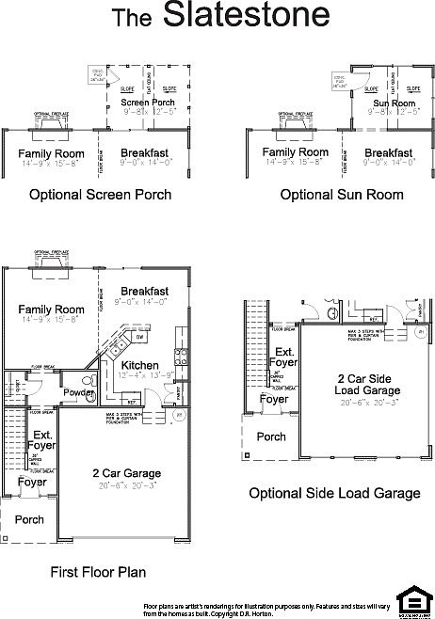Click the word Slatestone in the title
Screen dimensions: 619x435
pos(246,16)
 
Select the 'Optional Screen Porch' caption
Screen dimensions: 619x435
pos(101,195)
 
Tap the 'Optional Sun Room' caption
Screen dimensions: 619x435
pos(341,195)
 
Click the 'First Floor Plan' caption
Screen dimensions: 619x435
pos(98,571)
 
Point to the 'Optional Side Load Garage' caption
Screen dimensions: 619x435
pos(334,493)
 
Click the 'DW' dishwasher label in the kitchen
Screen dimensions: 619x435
pos(139,335)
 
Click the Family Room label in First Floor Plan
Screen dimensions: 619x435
pos(52,309)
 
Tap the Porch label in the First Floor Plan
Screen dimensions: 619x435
pos(28,519)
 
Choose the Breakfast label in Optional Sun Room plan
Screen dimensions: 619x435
pos(388,152)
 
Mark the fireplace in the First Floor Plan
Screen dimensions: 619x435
pos(48,261)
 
